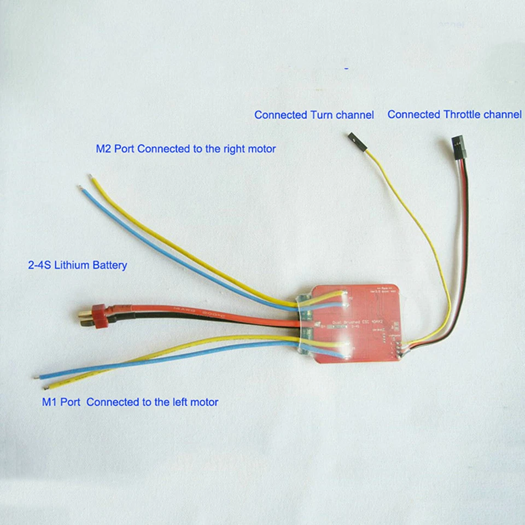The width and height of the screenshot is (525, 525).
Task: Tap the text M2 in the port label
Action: [104, 148]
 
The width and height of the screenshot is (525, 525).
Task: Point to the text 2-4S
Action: [39, 265]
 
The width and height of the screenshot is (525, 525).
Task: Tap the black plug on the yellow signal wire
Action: [355, 141]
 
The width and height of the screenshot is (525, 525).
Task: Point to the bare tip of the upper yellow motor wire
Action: [91, 177]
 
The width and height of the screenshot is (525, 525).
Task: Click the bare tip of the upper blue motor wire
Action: [80, 188]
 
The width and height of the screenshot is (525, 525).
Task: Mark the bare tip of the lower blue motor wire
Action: [37, 377]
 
